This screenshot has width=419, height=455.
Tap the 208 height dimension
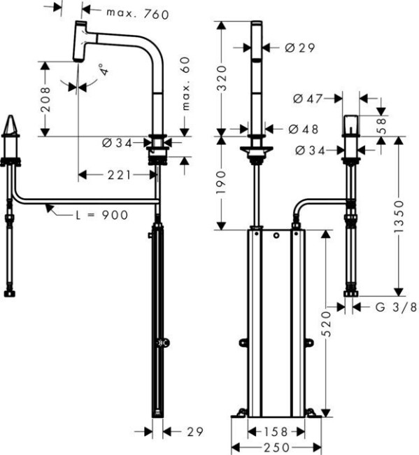(x=45, y=99)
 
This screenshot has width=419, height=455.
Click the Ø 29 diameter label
(x=300, y=48)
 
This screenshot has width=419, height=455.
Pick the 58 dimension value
(x=381, y=125)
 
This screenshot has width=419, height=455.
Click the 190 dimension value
(x=221, y=181)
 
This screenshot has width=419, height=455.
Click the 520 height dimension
(x=326, y=324)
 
